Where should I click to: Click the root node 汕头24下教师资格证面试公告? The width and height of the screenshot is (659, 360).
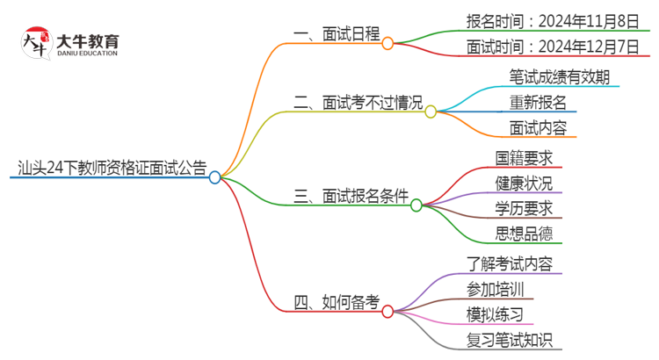tap(112, 167)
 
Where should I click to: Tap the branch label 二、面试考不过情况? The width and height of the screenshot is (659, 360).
tap(358, 104)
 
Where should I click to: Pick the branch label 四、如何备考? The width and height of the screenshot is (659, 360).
tap(337, 303)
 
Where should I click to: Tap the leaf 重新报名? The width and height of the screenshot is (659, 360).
tap(538, 102)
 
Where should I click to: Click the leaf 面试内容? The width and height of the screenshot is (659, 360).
tap(538, 128)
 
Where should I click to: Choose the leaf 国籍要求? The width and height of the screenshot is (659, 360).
tap(524, 158)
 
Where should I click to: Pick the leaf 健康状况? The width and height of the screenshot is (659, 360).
tap(524, 184)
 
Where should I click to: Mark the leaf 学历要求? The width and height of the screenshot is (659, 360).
tap(524, 208)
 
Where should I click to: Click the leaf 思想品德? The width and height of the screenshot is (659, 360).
tap(524, 233)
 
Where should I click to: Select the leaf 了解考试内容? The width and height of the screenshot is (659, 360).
tap(510, 263)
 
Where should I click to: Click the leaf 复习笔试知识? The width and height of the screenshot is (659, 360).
tap(510, 339)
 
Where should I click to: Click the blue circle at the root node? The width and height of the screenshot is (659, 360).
tap(215, 176)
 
